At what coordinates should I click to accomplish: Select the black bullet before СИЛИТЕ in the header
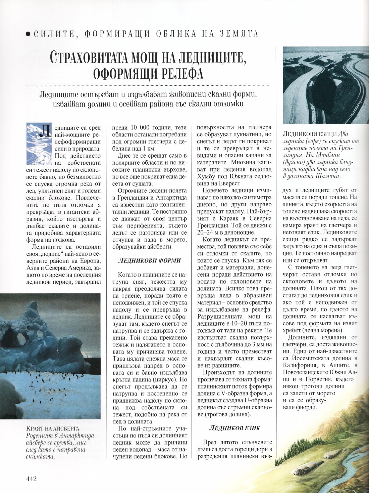tap(28, 34)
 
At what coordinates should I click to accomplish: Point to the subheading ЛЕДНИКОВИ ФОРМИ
tap(150, 260)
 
